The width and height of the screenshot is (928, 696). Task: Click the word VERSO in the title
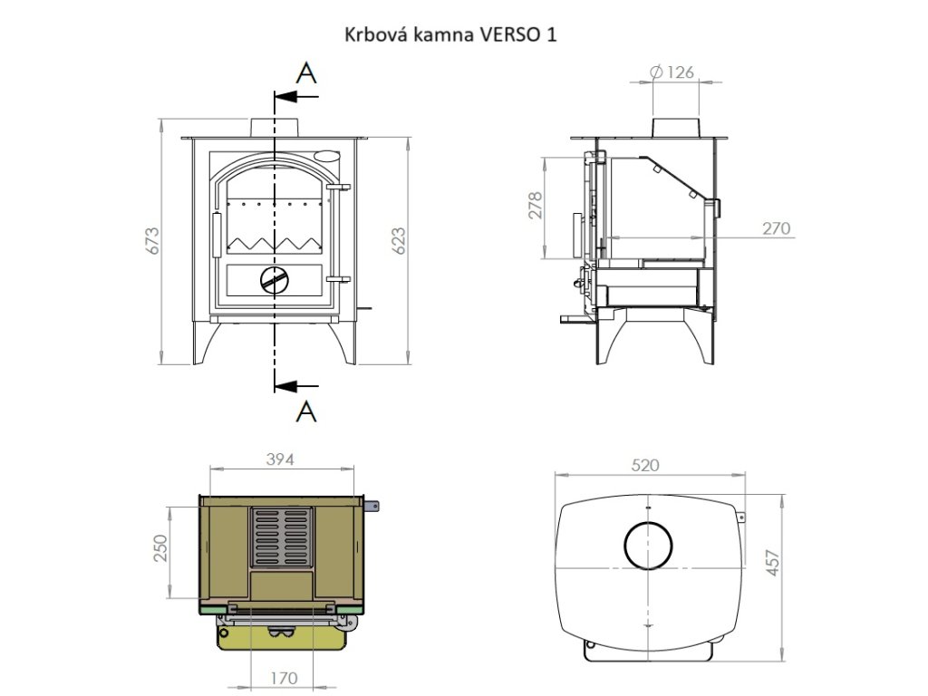point(508,35)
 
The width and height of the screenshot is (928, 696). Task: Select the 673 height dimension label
point(152,241)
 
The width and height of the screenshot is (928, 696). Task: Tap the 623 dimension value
point(399,241)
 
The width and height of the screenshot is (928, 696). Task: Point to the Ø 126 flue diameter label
point(672,72)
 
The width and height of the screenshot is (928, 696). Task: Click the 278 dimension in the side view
point(535,205)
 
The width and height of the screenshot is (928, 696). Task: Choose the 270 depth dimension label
point(776,228)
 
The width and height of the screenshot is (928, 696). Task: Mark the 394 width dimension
point(280,459)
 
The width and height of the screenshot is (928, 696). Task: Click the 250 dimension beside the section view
point(160,548)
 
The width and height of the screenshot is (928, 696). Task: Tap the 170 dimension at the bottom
point(284,678)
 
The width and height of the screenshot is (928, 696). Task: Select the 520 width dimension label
point(645,466)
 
